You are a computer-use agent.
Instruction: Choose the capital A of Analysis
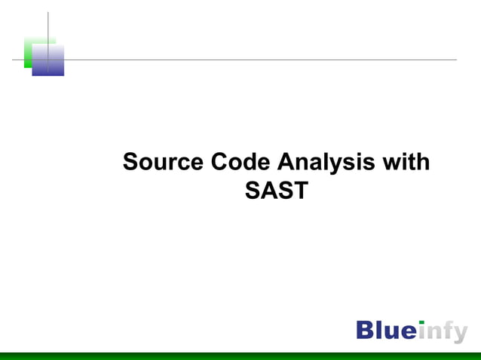[x=286, y=162]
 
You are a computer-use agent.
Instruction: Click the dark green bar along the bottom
[x=240, y=355]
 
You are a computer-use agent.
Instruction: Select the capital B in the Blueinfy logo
[x=366, y=330]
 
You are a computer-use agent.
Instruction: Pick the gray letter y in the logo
[x=460, y=334]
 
